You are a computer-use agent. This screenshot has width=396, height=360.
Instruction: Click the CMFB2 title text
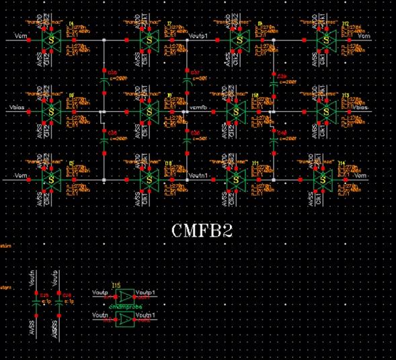pos(202,231)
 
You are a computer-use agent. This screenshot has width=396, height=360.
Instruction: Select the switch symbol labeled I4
pos(50,40)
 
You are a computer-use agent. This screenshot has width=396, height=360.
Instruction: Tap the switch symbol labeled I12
pos(326,40)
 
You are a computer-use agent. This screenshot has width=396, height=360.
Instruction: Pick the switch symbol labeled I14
pos(323,179)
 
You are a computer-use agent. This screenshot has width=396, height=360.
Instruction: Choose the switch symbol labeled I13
pos(326,111)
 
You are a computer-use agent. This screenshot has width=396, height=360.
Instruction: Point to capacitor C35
pos(104,78)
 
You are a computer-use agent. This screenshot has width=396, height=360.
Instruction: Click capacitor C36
pos(104,142)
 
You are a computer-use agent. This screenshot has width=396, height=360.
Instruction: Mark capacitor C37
pos(188,78)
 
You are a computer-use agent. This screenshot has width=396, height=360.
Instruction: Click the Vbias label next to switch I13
pos(358,107)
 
